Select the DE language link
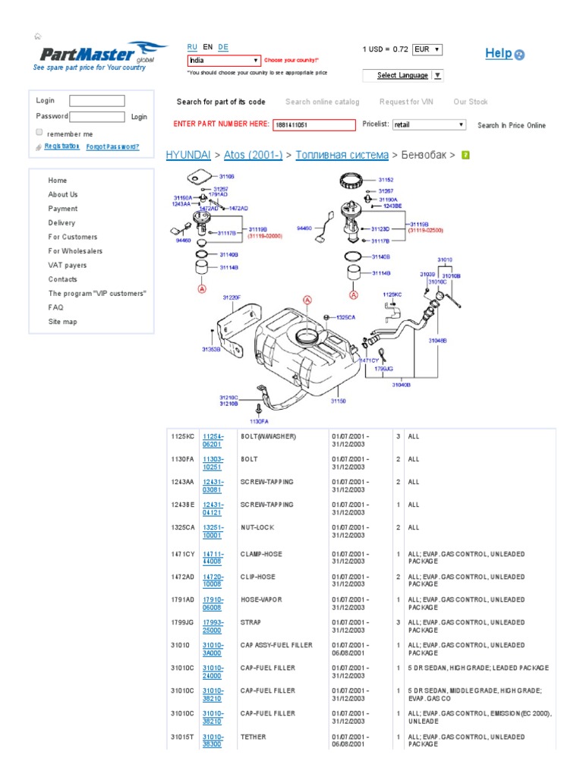[223, 47]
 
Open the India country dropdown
[224, 60]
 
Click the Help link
[499, 53]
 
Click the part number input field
[314, 125]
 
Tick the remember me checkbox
[39, 132]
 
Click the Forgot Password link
[112, 147]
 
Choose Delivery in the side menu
[61, 223]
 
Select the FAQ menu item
[55, 307]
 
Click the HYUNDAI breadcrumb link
[188, 155]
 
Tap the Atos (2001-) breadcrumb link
[253, 155]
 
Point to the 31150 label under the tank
[338, 401]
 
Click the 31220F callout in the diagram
[231, 298]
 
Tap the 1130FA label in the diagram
[260, 421]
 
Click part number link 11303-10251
[213, 463]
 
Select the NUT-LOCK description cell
[257, 527]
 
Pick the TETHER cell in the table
[253, 737]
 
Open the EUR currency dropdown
[427, 50]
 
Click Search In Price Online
[511, 126]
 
